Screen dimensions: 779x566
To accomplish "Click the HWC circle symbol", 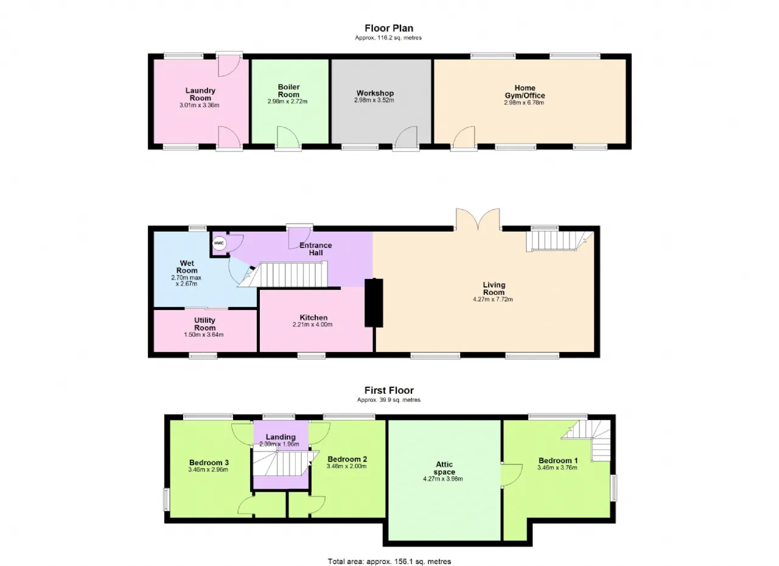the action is (218, 243).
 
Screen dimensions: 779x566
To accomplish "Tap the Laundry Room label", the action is (200, 94).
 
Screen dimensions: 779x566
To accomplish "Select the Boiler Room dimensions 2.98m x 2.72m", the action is (288, 102).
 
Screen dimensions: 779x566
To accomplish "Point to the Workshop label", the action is (375, 93).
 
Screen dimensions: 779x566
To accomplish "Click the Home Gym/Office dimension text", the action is (524, 103).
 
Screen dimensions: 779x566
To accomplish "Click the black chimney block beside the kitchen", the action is (374, 303).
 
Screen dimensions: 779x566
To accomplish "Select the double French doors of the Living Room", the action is (478, 219).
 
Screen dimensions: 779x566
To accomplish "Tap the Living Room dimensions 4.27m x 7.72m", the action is (493, 299).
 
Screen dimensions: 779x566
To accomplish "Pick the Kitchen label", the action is (313, 317).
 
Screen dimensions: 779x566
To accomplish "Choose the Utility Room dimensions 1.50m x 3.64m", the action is (204, 334).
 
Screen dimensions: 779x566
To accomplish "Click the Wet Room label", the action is (187, 267).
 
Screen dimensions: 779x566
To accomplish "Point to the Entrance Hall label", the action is (316, 249).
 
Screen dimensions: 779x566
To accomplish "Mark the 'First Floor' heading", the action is (389, 390).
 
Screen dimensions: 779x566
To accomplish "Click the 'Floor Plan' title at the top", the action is (389, 28).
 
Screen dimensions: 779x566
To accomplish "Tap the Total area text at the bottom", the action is (389, 552).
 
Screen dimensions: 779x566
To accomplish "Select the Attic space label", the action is (444, 468).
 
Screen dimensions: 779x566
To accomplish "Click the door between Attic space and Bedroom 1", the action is (511, 475).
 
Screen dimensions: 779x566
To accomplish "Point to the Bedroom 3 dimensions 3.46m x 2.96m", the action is (208, 470).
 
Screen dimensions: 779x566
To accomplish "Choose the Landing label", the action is (281, 437).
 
